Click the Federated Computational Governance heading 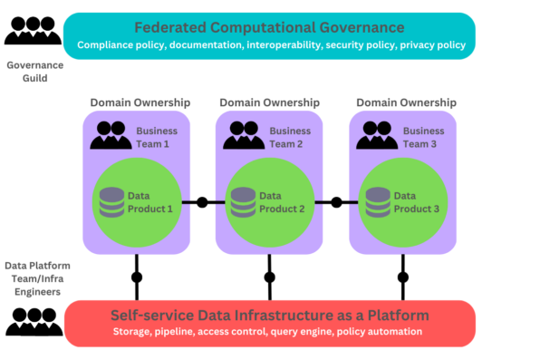tap(270, 27)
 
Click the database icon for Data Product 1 tap(112, 201)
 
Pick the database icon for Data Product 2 tap(242, 201)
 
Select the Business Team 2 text tap(290, 137)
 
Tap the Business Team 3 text tap(422, 137)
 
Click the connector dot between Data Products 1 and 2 tap(202, 201)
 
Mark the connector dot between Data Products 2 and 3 tap(335, 201)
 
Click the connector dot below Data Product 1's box tap(138, 277)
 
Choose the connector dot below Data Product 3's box tap(403, 277)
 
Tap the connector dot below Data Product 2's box tap(269, 277)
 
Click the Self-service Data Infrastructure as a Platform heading tap(270, 315)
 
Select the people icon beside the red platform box tap(34, 321)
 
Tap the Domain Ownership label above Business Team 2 tap(269, 102)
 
